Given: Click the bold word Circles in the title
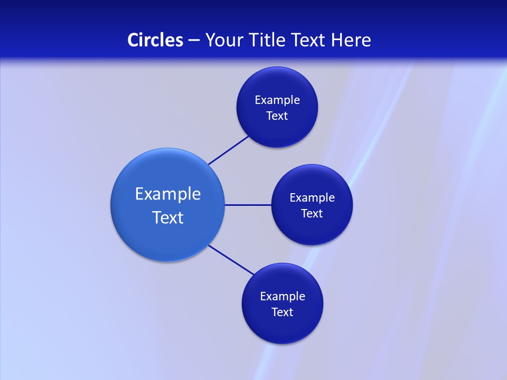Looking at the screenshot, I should pos(155,40).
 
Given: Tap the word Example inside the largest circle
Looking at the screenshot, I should pos(168,194).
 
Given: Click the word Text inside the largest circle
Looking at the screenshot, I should pos(168,217).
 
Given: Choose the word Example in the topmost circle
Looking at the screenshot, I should pos(277,100).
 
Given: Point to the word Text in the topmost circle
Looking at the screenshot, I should pos(277,116).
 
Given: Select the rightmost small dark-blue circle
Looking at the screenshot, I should pos(312,230).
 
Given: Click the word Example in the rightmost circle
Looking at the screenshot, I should pos(312,198).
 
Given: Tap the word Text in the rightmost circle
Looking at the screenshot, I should pos(312,214).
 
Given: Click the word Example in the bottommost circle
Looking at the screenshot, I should pos(283,297).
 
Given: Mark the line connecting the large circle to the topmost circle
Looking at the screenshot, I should pos(229,150).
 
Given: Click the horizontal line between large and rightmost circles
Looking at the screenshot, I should pos(248,205).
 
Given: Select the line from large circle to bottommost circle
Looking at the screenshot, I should pos(231,260).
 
